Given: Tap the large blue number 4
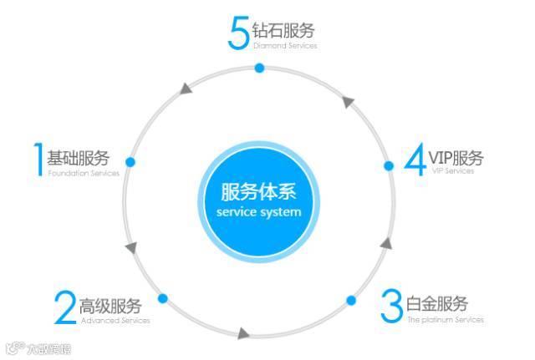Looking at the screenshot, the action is [x=415, y=160].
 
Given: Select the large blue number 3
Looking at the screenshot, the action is [x=391, y=306].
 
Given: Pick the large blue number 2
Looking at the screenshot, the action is [x=65, y=307].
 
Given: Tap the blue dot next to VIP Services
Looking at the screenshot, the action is [x=389, y=166].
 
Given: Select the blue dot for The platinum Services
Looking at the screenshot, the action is [x=351, y=300].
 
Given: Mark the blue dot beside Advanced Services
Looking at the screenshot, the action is [x=163, y=298].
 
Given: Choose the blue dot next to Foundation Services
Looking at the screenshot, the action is [x=130, y=161].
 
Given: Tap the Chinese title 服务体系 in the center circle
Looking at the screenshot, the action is [x=258, y=191].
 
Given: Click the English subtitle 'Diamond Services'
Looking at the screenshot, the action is [x=285, y=46].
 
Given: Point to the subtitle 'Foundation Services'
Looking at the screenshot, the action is [x=84, y=173].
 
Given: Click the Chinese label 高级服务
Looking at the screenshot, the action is [x=110, y=306].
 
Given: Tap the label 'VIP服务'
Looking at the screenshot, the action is [x=456, y=158].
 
